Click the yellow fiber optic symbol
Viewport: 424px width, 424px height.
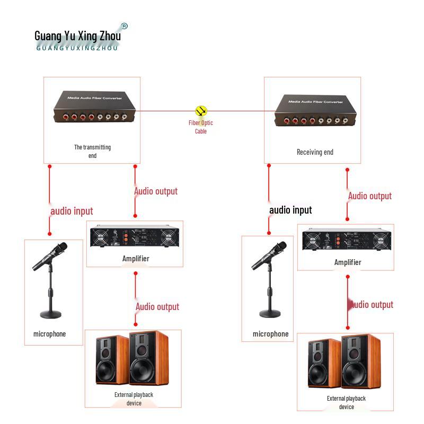(201, 111)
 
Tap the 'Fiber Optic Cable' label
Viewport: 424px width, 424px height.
(201, 127)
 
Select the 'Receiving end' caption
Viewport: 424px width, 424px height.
(315, 152)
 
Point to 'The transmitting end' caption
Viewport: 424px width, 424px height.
(92, 151)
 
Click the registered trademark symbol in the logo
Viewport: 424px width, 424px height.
(125, 26)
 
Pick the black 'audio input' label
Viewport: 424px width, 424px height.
(290, 210)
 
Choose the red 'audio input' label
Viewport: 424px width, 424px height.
(72, 211)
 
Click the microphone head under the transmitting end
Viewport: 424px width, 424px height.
(61, 248)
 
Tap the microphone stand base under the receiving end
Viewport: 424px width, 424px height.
(270, 314)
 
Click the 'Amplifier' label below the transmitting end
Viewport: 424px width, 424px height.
(136, 259)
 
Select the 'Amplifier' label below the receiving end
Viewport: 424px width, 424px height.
(348, 262)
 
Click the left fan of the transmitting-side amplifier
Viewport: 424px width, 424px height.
(100, 237)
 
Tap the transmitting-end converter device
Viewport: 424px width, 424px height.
(94, 107)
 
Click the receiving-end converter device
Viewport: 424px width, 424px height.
(315, 110)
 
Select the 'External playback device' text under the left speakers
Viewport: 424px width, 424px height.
(134, 399)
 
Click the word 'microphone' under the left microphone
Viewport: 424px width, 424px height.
(49, 334)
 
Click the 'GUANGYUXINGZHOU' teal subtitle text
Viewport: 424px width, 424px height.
(77, 48)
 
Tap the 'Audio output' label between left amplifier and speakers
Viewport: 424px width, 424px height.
(157, 307)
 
